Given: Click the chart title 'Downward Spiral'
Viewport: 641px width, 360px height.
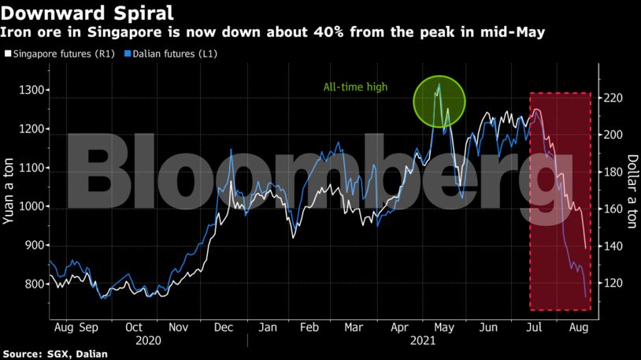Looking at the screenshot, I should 87,13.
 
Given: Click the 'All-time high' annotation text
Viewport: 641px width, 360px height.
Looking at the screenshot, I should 355,87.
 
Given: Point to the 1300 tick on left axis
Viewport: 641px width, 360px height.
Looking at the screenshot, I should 32,91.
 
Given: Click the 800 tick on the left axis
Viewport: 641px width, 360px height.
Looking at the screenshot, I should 35,284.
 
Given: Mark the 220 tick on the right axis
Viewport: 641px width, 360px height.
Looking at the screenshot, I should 613,98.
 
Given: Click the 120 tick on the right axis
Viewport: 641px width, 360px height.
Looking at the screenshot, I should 613,284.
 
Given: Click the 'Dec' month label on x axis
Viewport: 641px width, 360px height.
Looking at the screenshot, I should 223,326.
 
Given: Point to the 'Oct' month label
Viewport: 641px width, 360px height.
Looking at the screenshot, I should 134,326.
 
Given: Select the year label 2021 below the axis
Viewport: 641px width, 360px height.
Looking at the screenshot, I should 424,341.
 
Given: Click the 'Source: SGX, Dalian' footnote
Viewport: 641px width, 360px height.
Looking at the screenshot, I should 54,354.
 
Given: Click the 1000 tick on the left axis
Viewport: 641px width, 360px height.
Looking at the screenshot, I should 32,207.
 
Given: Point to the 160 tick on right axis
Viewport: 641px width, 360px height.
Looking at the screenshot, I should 613,210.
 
